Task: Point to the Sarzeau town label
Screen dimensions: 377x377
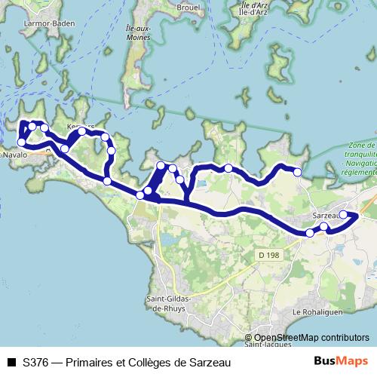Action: (x=326, y=216)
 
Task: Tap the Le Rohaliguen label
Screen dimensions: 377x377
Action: (x=317, y=311)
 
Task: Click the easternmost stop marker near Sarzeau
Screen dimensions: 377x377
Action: (x=343, y=215)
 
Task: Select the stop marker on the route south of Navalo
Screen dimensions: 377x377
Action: (x=21, y=142)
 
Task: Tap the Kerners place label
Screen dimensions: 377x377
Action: (x=81, y=126)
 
